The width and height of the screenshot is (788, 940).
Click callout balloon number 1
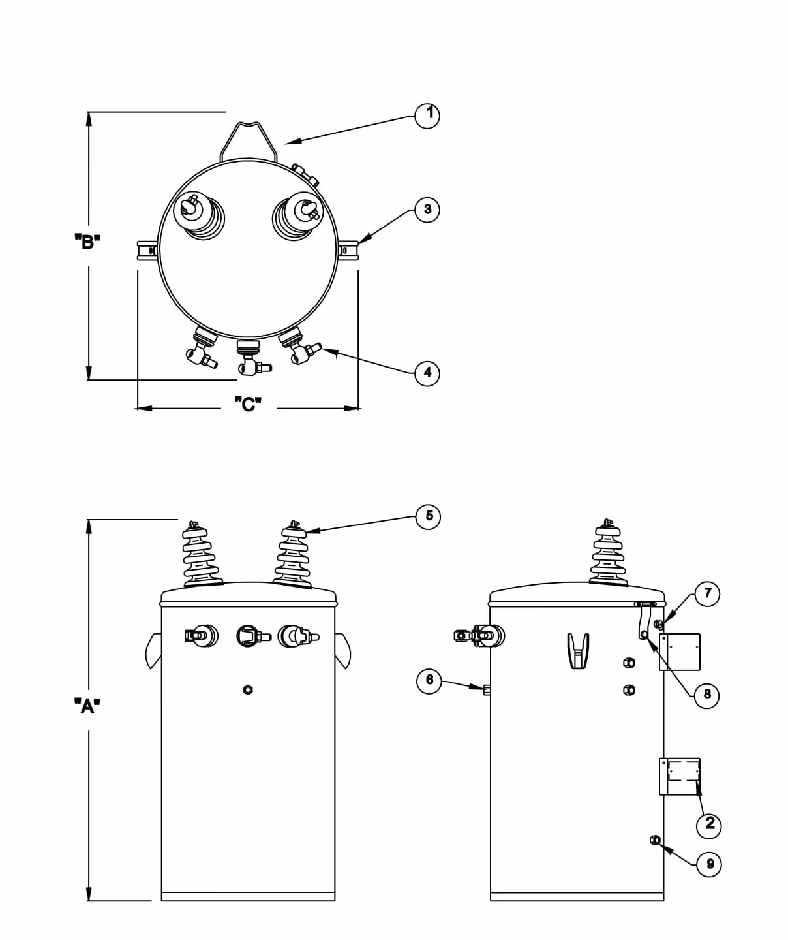[x=427, y=116]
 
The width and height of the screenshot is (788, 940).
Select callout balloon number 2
[x=710, y=824]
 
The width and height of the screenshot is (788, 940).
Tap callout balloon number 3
[x=427, y=210]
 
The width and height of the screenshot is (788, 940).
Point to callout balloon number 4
[x=427, y=373]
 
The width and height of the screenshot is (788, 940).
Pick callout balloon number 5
[x=429, y=516]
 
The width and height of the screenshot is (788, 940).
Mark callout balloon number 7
[x=707, y=594]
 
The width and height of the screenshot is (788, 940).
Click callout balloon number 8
[x=707, y=695]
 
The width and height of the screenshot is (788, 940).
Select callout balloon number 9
[x=709, y=864]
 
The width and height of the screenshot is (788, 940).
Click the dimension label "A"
[x=87, y=706]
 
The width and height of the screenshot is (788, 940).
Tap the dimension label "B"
[x=87, y=242]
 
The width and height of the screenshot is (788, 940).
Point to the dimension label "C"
[x=248, y=405]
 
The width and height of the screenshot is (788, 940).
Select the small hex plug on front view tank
[x=247, y=689]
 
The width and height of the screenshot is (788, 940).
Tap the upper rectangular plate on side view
[x=680, y=651]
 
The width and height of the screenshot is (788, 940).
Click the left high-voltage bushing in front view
[x=202, y=555]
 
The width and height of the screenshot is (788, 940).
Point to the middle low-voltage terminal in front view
[x=249, y=635]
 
